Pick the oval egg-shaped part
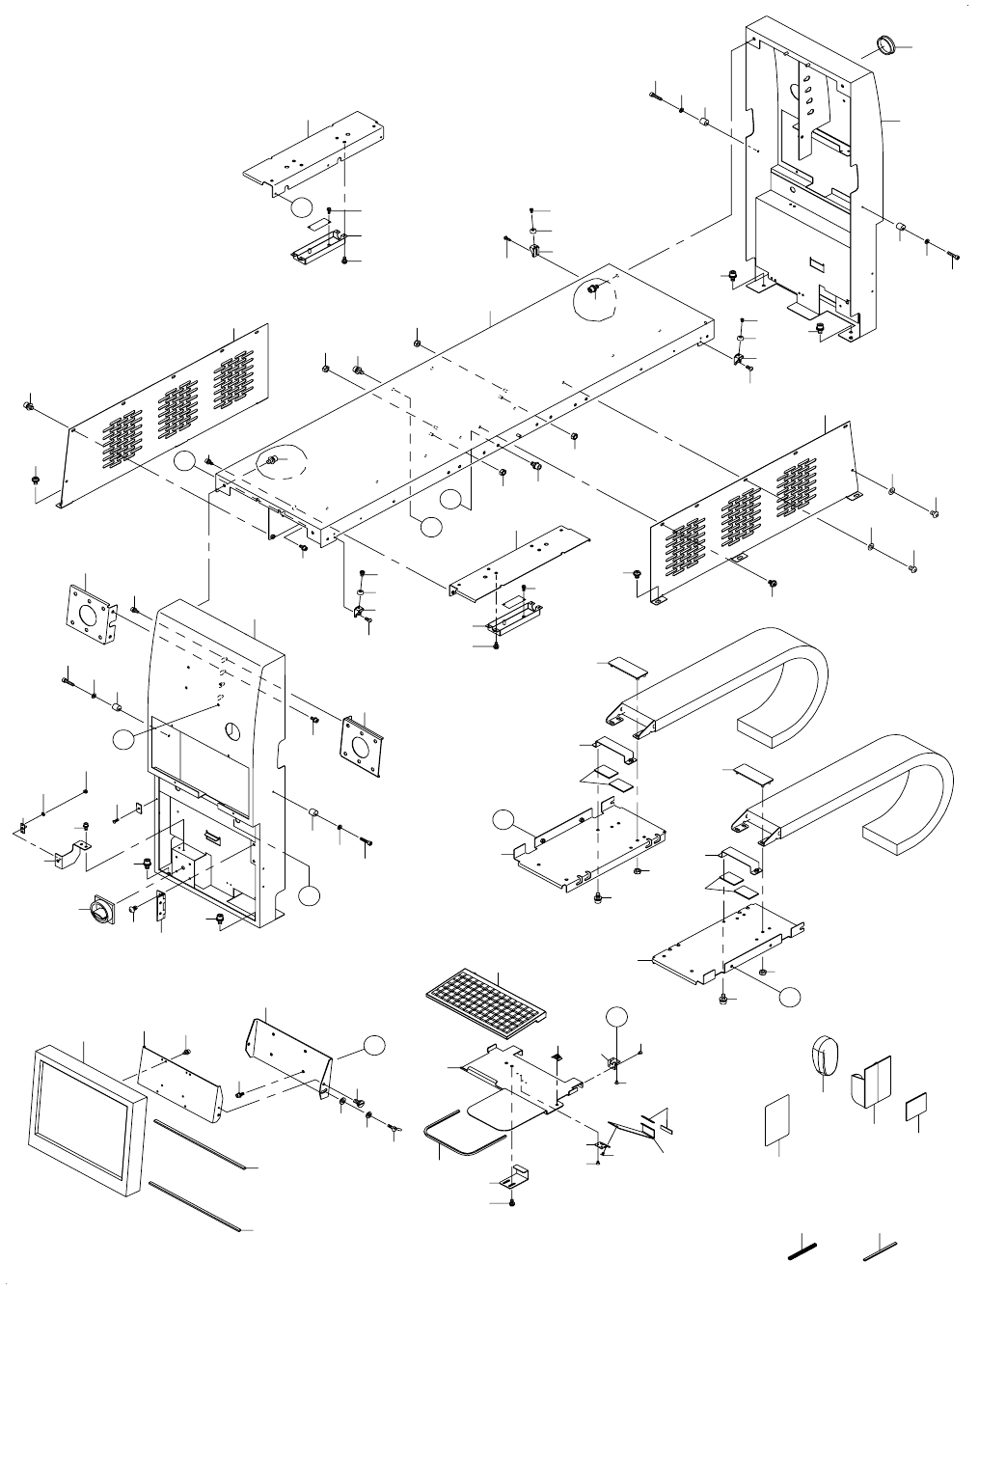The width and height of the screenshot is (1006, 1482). [x=822, y=1055]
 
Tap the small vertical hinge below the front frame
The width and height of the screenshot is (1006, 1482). [x=161, y=907]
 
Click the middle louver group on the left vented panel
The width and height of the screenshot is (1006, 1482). [x=177, y=408]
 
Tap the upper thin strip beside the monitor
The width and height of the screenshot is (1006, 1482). [x=199, y=1145]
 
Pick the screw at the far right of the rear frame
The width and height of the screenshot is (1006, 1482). [x=953, y=255]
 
